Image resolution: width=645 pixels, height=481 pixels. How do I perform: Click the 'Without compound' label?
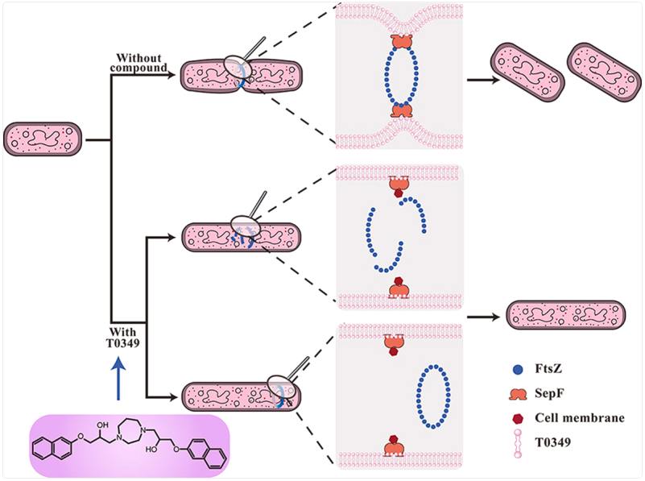point(141,63)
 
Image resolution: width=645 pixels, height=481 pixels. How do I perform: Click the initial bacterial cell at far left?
point(43,139)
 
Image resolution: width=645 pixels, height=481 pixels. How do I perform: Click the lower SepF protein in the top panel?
point(399,109)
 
